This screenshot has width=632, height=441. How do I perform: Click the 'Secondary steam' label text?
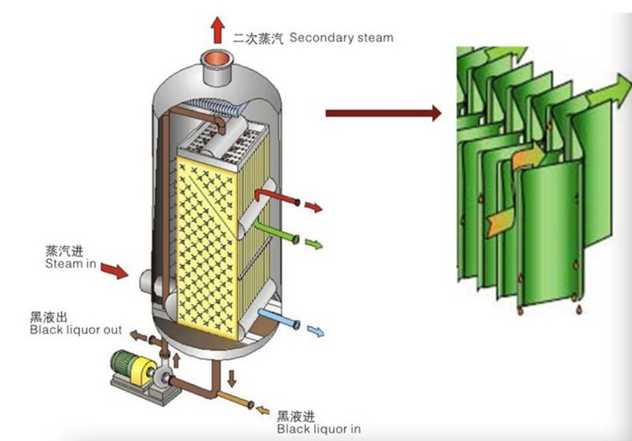pos(341,37)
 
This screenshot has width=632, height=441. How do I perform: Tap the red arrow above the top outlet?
pos(217,29)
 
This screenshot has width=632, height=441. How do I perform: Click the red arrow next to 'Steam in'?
pos(114,270)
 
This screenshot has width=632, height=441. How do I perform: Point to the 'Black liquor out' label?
pos(76,330)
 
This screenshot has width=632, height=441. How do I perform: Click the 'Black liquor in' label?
pos(318,429)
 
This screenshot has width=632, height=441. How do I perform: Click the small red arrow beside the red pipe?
pos(314,207)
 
